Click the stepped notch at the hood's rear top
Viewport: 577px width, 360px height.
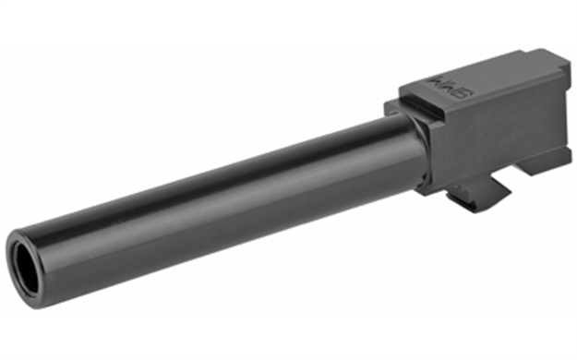553,61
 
